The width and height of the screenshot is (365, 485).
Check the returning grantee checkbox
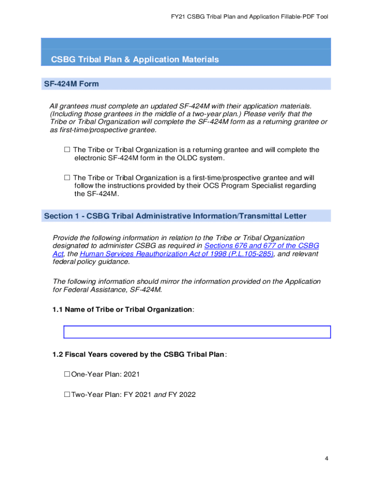67,150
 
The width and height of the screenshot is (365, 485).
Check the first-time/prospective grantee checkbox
67,178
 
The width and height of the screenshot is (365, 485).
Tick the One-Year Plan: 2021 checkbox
67,374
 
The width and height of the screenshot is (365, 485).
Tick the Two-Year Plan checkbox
67,394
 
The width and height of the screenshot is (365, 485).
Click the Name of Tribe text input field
197,332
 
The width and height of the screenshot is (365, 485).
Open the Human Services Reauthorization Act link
177,254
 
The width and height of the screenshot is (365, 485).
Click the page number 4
327,458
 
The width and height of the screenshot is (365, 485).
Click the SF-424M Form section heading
72,84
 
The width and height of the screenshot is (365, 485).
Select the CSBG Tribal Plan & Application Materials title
135,60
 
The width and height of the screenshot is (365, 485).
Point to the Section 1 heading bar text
175,216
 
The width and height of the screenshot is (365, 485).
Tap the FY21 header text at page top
249,17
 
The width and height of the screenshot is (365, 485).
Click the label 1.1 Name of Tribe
123,309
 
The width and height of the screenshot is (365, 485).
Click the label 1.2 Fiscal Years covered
139,354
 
